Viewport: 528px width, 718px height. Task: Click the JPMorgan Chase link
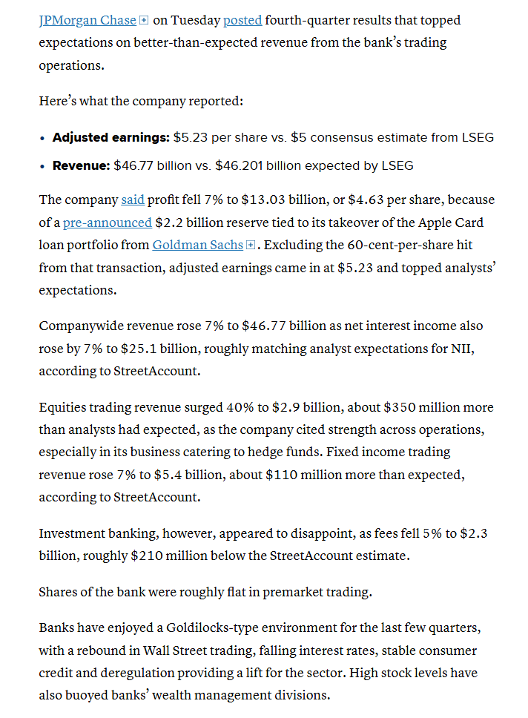88,21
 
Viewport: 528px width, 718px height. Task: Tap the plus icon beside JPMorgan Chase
144,21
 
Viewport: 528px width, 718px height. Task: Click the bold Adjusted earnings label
110,137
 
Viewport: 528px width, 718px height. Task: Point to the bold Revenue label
81,165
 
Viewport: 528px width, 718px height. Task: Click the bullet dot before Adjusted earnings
42,138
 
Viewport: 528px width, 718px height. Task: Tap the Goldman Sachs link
198,245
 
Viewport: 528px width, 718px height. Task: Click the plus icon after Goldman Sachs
250,245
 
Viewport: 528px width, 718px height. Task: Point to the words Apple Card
432,223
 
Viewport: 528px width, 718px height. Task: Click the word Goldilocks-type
221,628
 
